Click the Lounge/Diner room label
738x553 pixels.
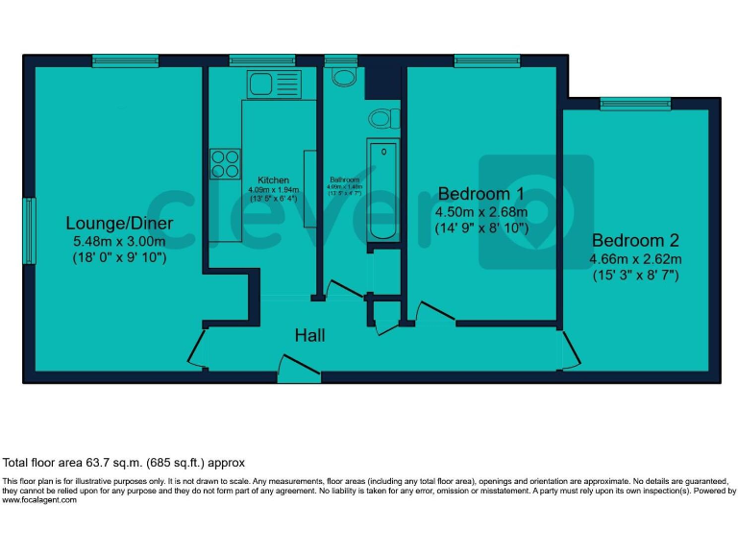tap(120, 223)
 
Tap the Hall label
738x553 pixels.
tap(309, 335)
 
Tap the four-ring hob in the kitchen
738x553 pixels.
tap(225, 164)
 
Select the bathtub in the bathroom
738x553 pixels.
tap(381, 190)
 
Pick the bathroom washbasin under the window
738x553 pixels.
tap(340, 76)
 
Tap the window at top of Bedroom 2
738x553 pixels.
tap(635, 103)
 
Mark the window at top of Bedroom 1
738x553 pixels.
tap(480, 61)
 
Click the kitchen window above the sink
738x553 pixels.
tap(261, 61)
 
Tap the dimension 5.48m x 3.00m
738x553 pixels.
tap(120, 242)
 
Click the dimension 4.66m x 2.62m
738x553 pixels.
tap(636, 259)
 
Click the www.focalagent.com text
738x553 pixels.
tap(39, 499)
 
